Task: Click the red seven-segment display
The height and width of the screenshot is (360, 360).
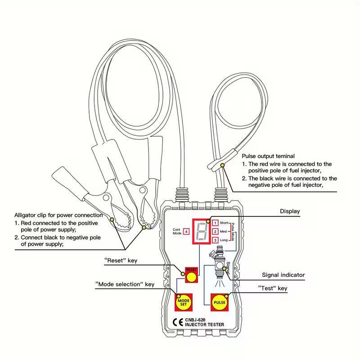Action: [201, 231]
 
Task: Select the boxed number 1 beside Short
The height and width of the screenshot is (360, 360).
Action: [216, 223]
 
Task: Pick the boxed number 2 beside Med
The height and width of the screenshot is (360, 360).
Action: [216, 231]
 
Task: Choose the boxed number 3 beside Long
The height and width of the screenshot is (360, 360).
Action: [216, 240]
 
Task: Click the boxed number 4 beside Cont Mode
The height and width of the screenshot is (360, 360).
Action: [186, 231]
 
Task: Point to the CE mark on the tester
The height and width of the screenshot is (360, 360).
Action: [177, 322]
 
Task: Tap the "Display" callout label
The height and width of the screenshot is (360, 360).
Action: [289, 211]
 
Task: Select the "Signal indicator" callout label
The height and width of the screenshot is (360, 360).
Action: [283, 274]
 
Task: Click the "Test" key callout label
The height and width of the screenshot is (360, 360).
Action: [273, 288]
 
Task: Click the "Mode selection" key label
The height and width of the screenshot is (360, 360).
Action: [125, 284]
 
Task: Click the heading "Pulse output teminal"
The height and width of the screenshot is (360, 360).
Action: [268, 156]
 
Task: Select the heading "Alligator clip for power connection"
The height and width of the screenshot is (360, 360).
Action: [58, 215]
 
